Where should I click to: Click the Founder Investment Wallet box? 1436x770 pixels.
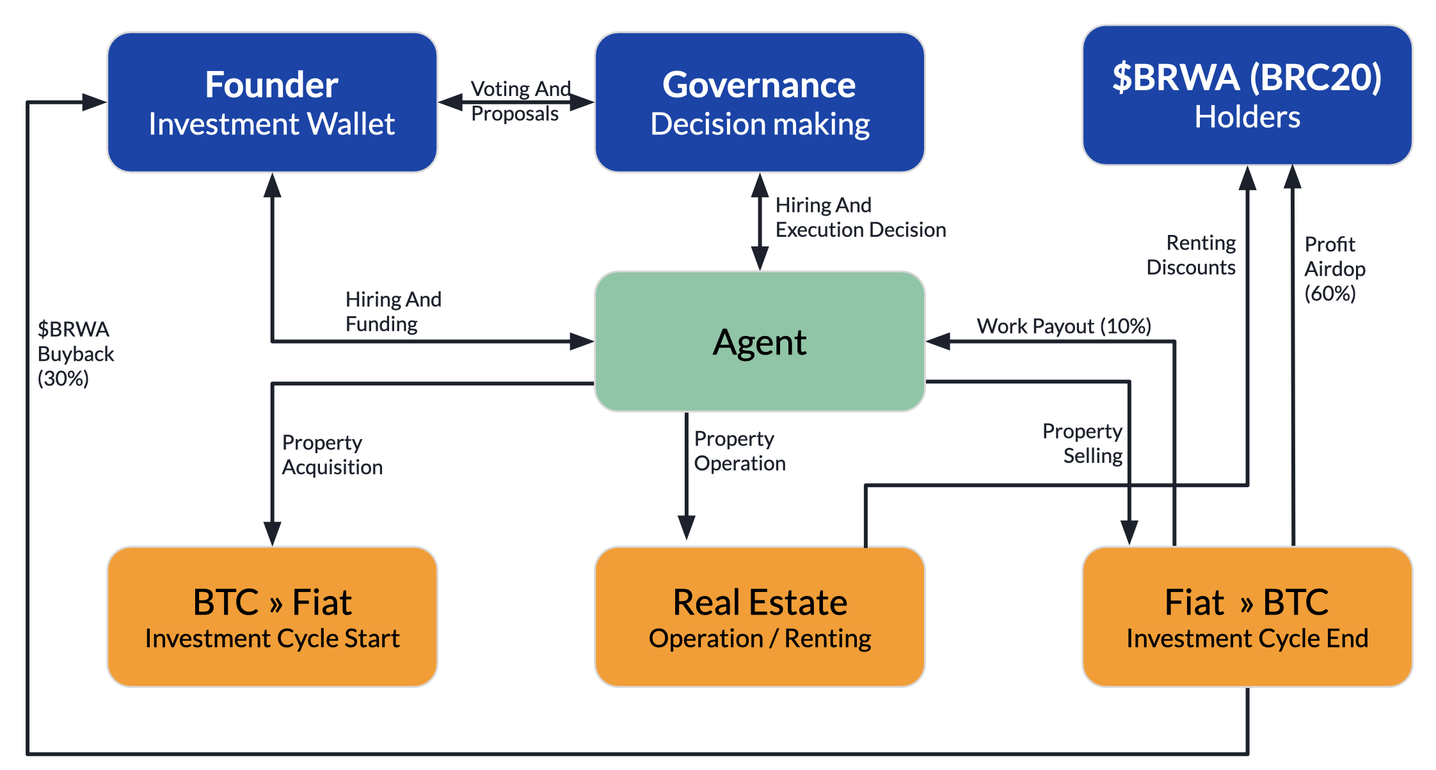point(272,102)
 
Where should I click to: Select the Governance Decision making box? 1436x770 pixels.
point(760,102)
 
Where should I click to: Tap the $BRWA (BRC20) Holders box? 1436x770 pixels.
point(1247,95)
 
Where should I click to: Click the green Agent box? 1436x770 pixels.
point(760,342)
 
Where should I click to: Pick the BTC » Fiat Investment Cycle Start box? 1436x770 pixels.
point(272,616)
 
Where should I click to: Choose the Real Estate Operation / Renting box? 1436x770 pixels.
point(760,616)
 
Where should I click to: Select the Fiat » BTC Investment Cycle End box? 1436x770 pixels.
point(1247,616)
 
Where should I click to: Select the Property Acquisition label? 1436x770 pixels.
point(331,455)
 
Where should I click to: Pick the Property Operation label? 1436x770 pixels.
point(739,451)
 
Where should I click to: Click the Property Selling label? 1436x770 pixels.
point(1083,444)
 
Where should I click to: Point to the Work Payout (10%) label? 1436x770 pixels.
point(1063,326)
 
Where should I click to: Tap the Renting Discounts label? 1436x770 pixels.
point(1192,255)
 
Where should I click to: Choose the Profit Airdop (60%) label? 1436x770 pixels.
point(1334,269)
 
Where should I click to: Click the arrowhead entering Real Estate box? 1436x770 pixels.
point(687,528)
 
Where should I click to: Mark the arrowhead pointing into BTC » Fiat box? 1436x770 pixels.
point(273,533)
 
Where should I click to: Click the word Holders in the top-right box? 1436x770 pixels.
point(1247,117)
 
